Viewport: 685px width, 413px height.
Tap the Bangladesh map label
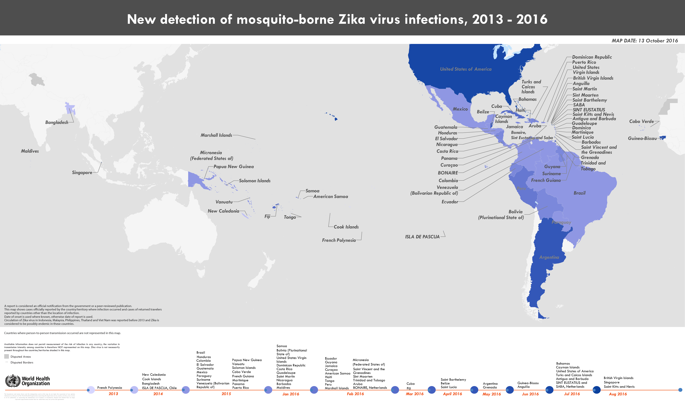click(x=57, y=122)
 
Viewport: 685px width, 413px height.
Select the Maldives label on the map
click(x=30, y=151)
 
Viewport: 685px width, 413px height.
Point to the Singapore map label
click(x=82, y=173)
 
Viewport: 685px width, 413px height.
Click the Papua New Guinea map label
click(x=233, y=167)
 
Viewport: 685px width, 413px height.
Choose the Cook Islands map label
click(x=346, y=227)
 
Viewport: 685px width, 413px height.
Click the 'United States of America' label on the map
click(x=466, y=69)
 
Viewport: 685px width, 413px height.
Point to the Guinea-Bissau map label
click(x=642, y=138)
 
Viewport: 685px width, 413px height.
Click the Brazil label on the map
click(x=579, y=193)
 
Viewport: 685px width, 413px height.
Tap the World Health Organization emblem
click(x=13, y=381)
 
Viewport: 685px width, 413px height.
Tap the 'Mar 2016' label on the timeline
click(x=414, y=394)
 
